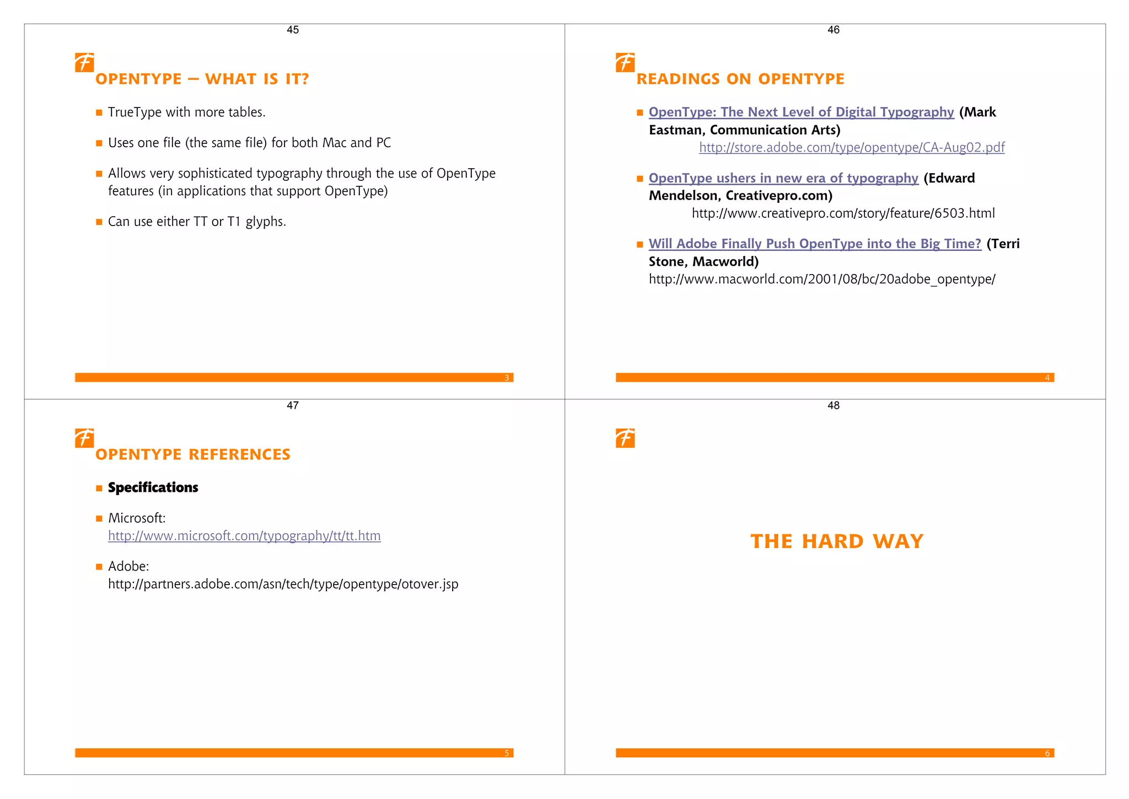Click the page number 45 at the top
pos(293,30)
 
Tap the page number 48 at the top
pos(833,405)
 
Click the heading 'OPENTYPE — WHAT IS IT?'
pos(202,79)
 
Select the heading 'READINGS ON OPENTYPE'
pos(740,79)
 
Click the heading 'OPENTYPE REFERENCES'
pos(192,454)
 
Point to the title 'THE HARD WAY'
pos(836,541)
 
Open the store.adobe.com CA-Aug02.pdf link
pos(852,147)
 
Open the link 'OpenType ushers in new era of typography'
pos(783,178)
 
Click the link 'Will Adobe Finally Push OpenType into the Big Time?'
pos(814,244)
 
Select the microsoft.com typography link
pos(244,535)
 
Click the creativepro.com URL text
pos(843,213)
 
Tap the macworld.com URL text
pos(821,279)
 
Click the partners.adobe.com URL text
pos(283,584)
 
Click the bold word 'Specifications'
pos(153,487)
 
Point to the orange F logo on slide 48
pos(625,438)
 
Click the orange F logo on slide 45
pos(84,62)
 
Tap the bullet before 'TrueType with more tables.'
pos(99,112)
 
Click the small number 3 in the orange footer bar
pos(507,378)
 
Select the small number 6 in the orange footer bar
pos(1047,753)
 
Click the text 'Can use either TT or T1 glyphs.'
pos(197,222)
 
